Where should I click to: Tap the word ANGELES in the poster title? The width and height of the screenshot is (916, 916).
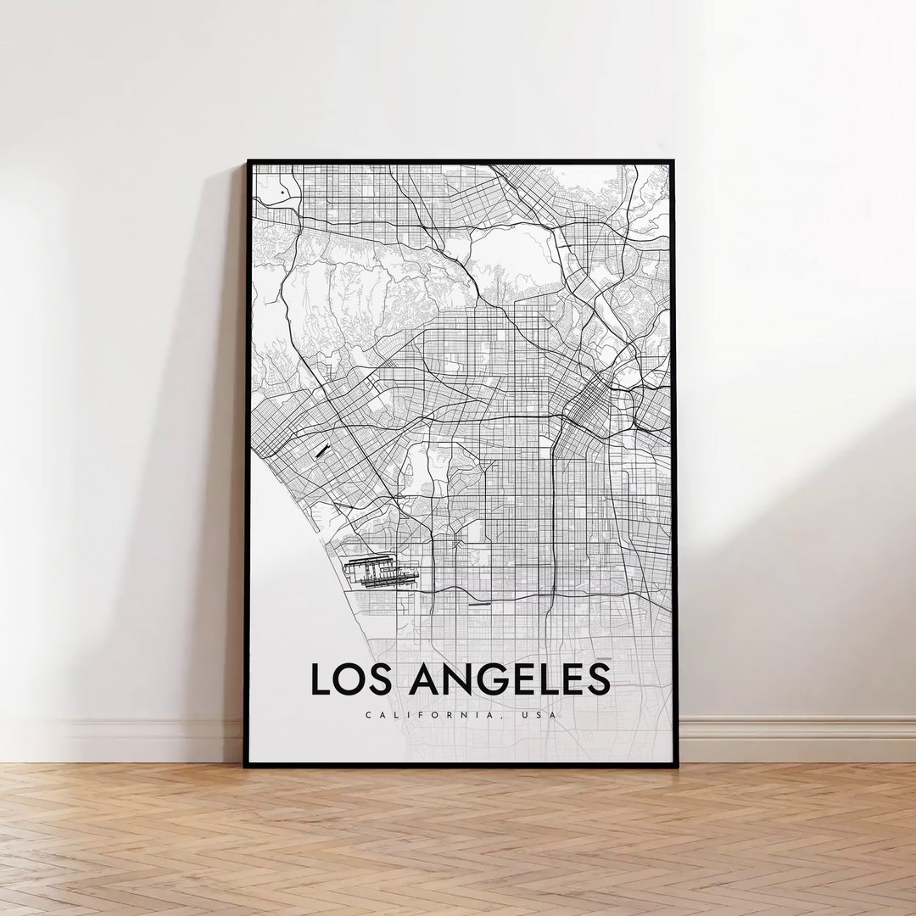click(509, 679)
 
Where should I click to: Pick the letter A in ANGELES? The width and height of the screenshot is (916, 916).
click(424, 679)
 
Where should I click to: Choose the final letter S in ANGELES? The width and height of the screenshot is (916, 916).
click(597, 679)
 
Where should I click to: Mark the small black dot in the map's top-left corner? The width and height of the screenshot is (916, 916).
click(282, 193)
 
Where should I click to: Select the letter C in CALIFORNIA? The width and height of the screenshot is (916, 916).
click(369, 715)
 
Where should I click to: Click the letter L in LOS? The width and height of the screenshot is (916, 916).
click(320, 679)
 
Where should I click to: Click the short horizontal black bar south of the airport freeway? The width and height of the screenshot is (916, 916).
click(480, 605)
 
